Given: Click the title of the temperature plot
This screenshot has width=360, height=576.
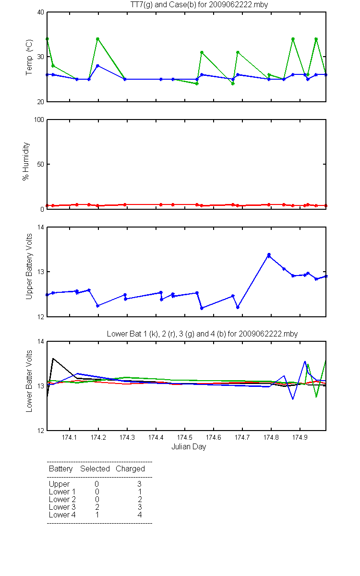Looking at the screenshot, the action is click(199, 5).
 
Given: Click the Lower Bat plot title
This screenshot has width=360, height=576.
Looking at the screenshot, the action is click(202, 334).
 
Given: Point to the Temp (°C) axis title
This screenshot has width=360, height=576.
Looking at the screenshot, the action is click(29, 57).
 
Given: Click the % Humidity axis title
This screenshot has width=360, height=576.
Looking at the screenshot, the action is click(26, 161).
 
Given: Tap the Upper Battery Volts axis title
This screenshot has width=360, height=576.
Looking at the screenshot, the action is click(29, 266).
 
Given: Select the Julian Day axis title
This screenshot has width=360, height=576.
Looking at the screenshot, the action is click(189, 447).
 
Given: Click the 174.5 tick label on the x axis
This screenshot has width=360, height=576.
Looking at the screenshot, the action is click(185, 437).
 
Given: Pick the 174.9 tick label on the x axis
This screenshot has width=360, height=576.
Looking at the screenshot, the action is click(300, 437).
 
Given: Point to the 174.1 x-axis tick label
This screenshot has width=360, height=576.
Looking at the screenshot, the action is click(70, 437).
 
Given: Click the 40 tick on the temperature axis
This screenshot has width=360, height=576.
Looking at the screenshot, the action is click(41, 12).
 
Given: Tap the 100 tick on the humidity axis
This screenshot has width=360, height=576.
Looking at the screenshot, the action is click(39, 120).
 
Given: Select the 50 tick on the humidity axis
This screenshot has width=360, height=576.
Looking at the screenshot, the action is click(41, 164).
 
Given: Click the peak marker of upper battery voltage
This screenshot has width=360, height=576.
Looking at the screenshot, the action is click(269, 255).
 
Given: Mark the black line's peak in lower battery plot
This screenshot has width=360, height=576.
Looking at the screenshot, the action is click(53, 359).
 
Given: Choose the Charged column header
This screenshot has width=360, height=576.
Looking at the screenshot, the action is click(130, 469).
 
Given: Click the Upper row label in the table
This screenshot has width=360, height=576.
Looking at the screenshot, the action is click(59, 484).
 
